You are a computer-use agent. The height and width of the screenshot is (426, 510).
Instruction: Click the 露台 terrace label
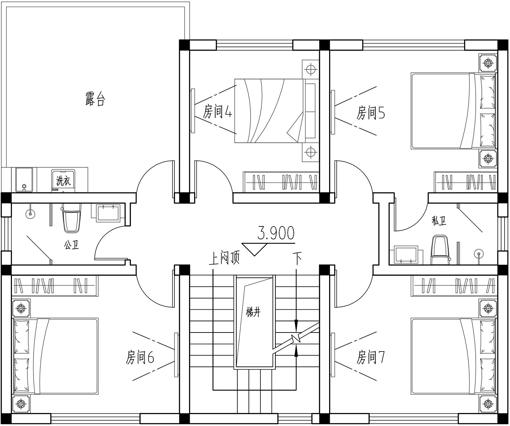pos(95,99)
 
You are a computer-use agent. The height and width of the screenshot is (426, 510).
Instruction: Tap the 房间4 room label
pos(217,112)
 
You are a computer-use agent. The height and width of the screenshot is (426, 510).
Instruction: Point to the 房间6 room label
pos(140,357)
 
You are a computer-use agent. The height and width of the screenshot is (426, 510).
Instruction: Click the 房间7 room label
pos(371,357)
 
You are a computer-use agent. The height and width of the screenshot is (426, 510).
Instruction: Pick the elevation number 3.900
pos(276,233)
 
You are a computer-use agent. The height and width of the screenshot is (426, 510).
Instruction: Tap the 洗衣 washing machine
pos(64,181)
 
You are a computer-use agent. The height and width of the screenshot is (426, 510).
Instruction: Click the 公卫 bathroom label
pos(71,244)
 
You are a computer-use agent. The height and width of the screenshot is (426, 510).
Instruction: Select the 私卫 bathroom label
pos(439,221)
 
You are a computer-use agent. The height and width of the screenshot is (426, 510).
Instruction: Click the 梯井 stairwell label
pos(253,312)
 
